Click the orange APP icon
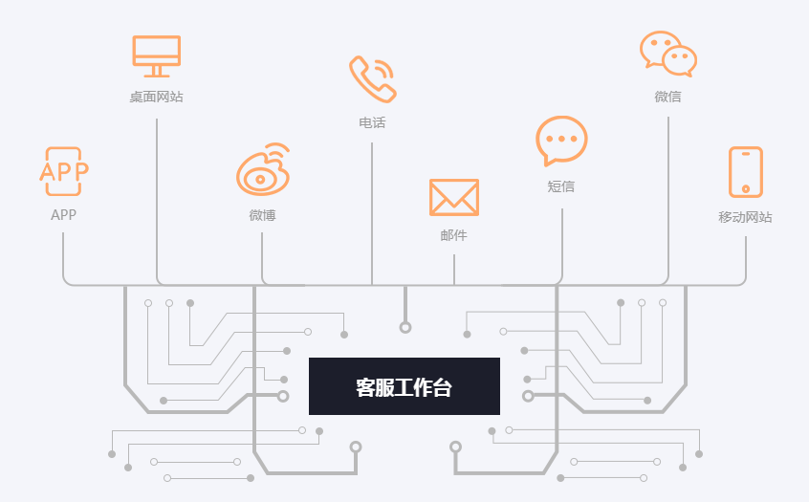click(x=64, y=171)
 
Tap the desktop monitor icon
click(x=156, y=55)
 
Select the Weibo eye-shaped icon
click(x=263, y=170)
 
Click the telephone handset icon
click(x=372, y=78)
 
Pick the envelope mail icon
click(x=453, y=197)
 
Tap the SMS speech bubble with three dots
click(x=561, y=142)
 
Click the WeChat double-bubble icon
click(x=667, y=54)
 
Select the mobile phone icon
click(x=745, y=172)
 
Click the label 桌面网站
click(x=156, y=97)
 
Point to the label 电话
click(x=372, y=122)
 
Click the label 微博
click(x=262, y=215)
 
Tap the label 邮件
click(x=453, y=235)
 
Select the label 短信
click(x=561, y=186)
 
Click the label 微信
click(x=667, y=97)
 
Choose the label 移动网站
click(x=745, y=217)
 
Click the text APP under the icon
click(x=64, y=215)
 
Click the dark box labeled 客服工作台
click(x=404, y=386)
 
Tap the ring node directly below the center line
click(x=405, y=328)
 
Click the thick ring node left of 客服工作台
click(x=283, y=396)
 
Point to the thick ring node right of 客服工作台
click(x=528, y=396)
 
